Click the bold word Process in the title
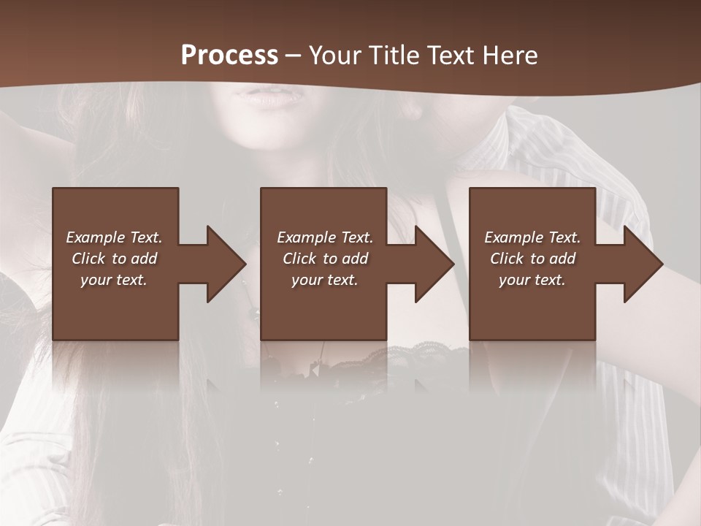229,56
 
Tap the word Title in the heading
390,56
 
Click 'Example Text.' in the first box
114,237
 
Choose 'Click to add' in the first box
114,259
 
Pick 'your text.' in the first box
114,280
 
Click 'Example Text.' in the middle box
325,237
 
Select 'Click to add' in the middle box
325,259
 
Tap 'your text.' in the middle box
325,280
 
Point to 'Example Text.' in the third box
532,237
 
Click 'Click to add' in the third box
532,259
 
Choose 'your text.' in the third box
532,280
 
